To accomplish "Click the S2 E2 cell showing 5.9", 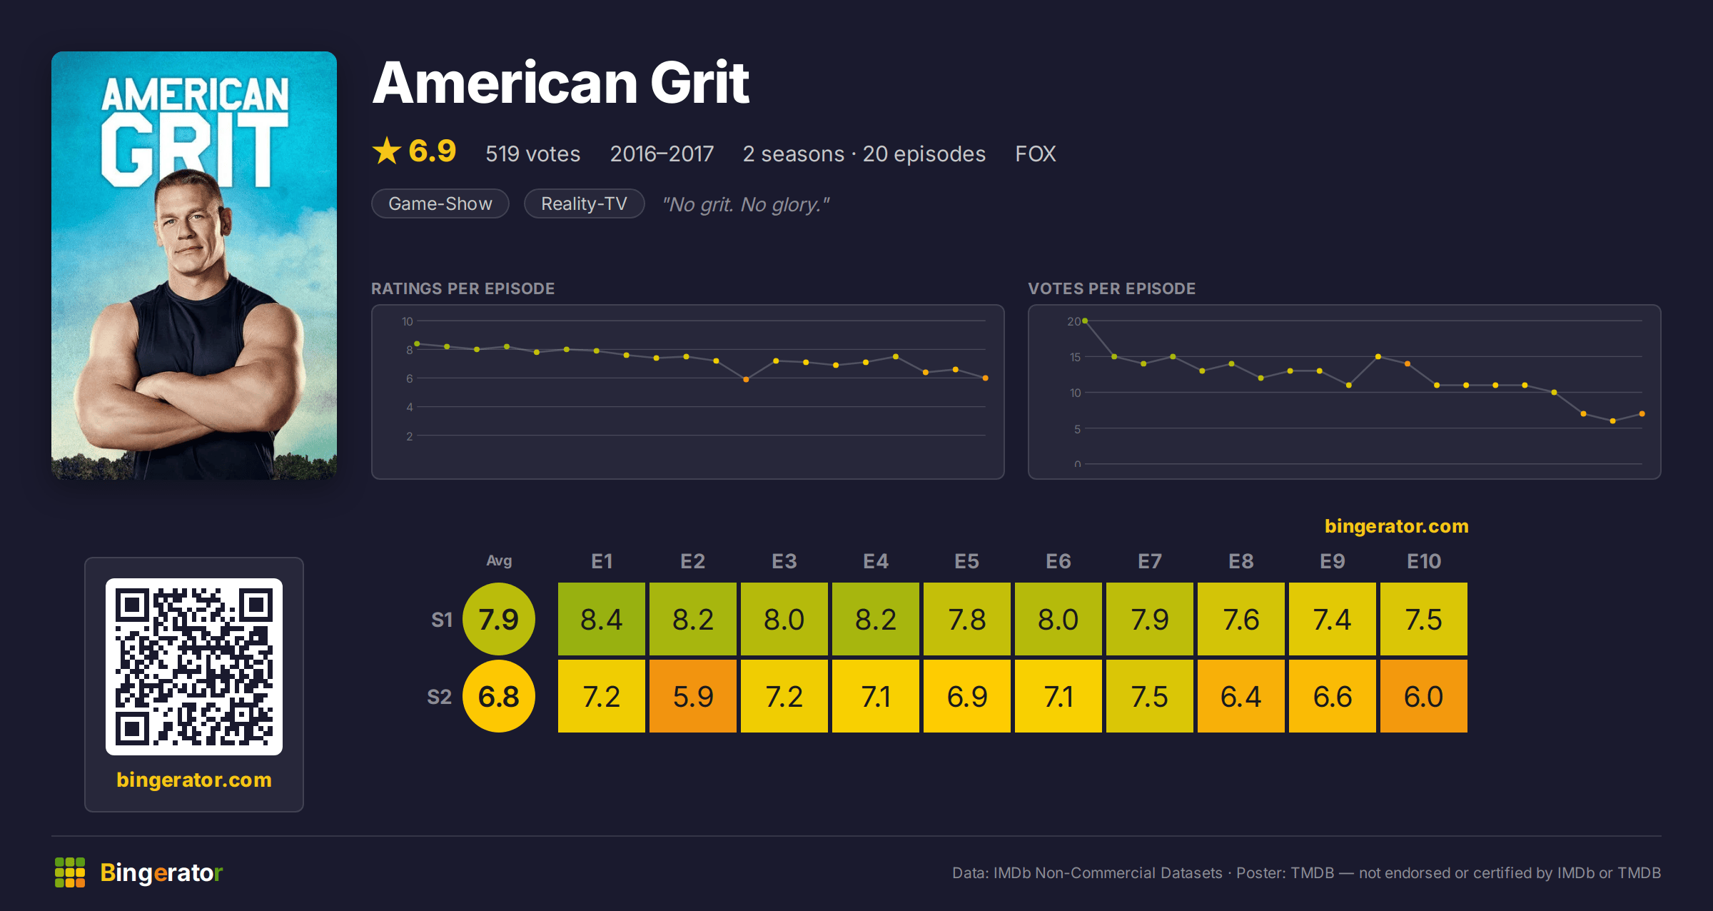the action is (x=692, y=696).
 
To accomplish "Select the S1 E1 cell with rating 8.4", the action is (x=601, y=619).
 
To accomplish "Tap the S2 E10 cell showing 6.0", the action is (x=1423, y=696).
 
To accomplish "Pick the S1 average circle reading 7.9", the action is (x=499, y=619).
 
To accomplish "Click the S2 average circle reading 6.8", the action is (x=499, y=696).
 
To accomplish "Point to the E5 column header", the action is (x=966, y=561).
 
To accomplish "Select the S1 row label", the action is (x=442, y=620).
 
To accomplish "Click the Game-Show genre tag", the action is (x=440, y=203).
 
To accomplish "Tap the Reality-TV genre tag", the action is (x=584, y=203).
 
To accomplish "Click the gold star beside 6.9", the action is (x=387, y=151).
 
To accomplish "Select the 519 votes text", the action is (x=532, y=153).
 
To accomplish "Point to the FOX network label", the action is (x=1035, y=153).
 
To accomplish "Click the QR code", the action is (x=194, y=667).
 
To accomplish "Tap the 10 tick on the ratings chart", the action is (x=407, y=321).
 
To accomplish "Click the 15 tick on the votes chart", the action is (x=1075, y=357).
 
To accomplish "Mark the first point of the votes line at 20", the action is (x=1085, y=321).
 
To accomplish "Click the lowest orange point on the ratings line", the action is (x=746, y=380).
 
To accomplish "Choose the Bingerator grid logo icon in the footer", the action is (x=70, y=872).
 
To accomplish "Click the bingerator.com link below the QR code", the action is (x=194, y=780).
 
